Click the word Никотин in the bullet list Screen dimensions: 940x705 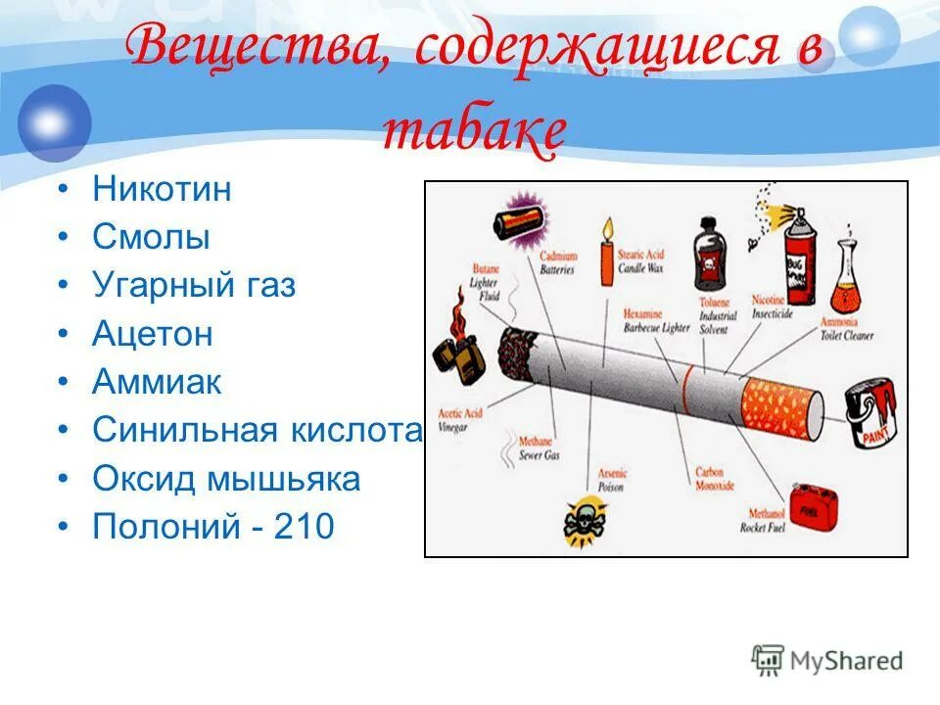[162, 188]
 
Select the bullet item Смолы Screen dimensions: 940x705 [151, 237]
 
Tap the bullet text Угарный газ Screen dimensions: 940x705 [193, 286]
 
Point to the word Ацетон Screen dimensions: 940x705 [152, 334]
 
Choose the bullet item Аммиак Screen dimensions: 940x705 [157, 382]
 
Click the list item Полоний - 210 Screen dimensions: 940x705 [212, 528]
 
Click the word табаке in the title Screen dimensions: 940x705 [474, 132]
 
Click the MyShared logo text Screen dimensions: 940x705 [848, 660]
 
